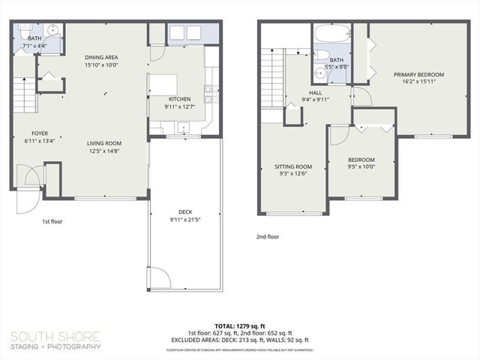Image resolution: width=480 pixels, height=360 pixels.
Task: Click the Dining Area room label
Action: click(100, 58)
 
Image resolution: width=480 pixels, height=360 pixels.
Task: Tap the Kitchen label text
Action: click(179, 100)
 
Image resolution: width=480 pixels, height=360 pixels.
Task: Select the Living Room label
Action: click(104, 143)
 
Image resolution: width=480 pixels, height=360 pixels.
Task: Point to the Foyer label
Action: click(35, 133)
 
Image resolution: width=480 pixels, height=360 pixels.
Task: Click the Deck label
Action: click(184, 212)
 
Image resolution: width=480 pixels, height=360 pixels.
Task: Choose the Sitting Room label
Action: click(292, 167)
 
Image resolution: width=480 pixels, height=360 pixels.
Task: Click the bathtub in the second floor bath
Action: click(331, 34)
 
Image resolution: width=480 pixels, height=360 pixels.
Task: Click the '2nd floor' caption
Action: click(268, 236)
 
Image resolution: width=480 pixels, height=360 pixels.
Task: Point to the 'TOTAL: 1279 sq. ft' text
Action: click(239, 326)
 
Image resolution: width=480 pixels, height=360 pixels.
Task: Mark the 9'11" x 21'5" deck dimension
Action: click(184, 220)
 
